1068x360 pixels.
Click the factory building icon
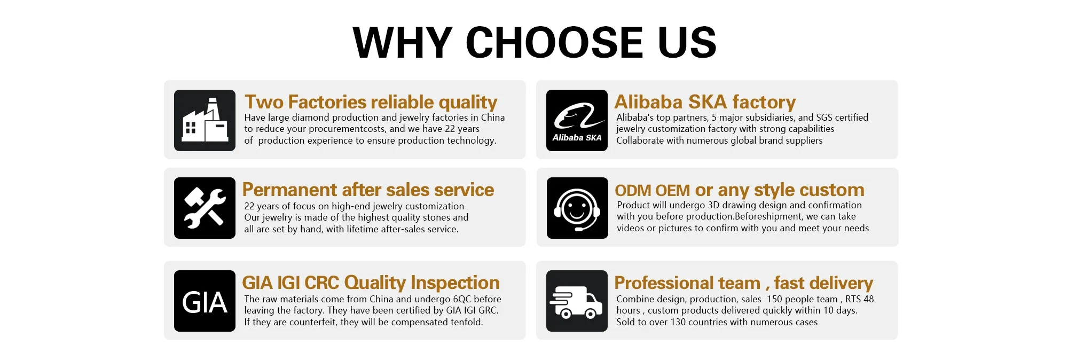[x=205, y=120]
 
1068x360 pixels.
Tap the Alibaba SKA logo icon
[x=577, y=120]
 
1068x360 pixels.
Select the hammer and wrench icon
[x=205, y=208]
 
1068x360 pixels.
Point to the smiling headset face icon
[x=577, y=208]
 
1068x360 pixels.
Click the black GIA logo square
[x=205, y=301]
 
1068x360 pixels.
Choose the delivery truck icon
[x=577, y=301]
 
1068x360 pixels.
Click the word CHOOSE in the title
[x=555, y=43]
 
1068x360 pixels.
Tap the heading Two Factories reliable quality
[x=371, y=102]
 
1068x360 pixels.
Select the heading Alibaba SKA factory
[x=705, y=102]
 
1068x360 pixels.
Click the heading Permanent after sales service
[x=368, y=190]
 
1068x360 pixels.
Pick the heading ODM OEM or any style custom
[x=740, y=190]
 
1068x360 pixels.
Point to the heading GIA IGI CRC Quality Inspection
[x=371, y=283]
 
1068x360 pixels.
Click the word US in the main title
[x=687, y=43]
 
